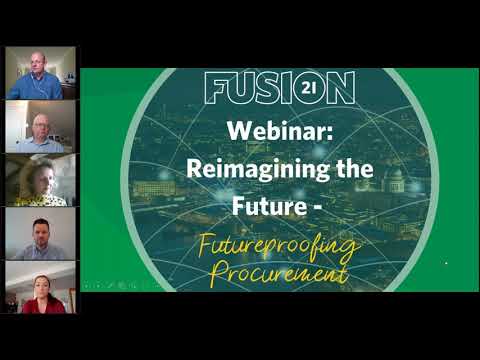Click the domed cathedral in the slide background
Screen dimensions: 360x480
point(395,182)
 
